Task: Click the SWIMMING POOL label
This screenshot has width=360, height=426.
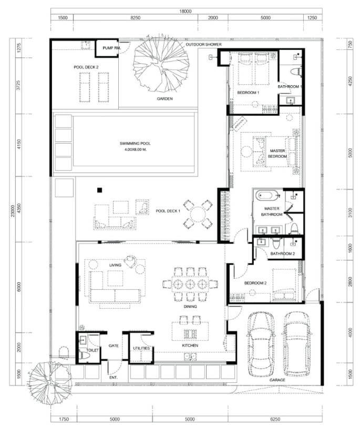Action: pos(135,144)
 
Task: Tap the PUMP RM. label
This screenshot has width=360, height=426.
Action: pos(111,48)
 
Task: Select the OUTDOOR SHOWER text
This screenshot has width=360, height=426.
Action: pos(203,44)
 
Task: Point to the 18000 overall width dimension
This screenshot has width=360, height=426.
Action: pos(185,11)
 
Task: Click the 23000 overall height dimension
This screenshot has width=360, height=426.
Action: pos(13,211)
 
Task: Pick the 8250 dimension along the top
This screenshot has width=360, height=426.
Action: pos(136,18)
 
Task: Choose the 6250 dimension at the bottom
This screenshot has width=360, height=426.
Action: pos(275,419)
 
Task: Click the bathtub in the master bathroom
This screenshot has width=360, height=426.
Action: pos(268,195)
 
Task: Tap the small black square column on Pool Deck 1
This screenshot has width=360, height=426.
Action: pos(100,190)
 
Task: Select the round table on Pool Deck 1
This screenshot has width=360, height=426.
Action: pos(198,214)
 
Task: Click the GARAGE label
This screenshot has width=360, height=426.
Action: pos(277,380)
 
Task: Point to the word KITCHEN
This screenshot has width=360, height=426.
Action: pos(190,346)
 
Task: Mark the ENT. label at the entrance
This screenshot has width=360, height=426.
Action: pos(113,378)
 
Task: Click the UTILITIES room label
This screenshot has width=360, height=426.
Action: pos(141,348)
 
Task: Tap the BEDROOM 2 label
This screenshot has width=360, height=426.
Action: pos(255,283)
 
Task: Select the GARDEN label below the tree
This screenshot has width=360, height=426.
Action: pos(164,99)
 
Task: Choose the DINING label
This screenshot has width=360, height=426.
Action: pos(190,307)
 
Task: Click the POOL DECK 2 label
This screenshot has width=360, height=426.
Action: pos(86,67)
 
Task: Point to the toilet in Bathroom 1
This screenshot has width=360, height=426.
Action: pos(295,72)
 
